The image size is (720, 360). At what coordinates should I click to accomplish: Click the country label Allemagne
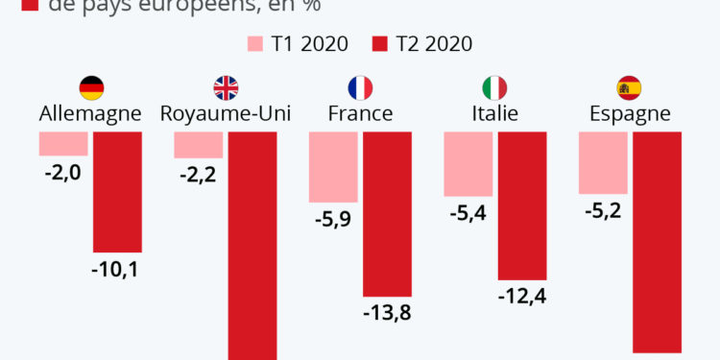pyautogui.click(x=90, y=114)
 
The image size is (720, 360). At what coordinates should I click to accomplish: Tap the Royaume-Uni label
pyautogui.click(x=226, y=114)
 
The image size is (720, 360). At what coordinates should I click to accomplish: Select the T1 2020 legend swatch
pyautogui.click(x=255, y=44)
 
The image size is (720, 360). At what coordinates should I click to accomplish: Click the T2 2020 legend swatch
pyautogui.click(x=379, y=44)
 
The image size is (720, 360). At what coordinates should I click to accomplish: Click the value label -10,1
pyautogui.click(x=117, y=270)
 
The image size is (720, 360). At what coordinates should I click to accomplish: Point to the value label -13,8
pyautogui.click(x=387, y=313)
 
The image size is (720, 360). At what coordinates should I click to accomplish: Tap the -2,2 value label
pyautogui.click(x=199, y=176)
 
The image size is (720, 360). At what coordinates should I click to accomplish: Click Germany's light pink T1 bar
pyautogui.click(x=63, y=143)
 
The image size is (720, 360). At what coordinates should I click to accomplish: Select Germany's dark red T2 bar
pyautogui.click(x=117, y=191)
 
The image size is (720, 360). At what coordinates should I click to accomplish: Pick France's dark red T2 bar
pyautogui.click(x=387, y=213)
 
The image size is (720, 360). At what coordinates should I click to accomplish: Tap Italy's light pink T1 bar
pyautogui.click(x=468, y=163)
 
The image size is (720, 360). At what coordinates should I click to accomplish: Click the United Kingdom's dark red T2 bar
pyautogui.click(x=252, y=245)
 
